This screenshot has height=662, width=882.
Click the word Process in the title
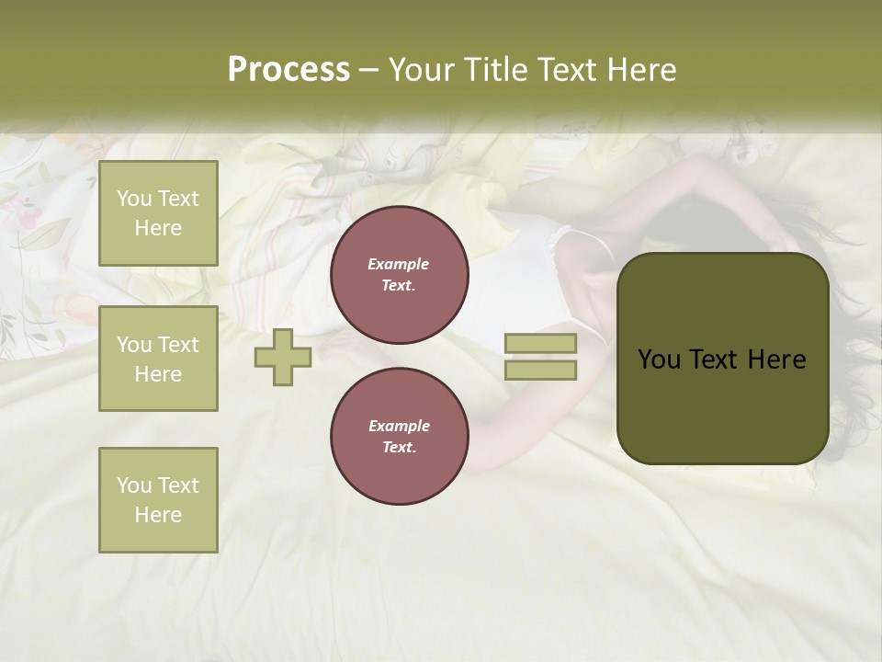coord(288,70)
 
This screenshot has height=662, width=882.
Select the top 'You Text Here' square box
coord(158,213)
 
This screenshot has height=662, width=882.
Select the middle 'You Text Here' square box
coord(158,359)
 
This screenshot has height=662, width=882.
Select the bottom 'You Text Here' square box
coord(158,500)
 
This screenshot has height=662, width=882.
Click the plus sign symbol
coord(283,357)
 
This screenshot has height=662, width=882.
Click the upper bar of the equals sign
coord(540,344)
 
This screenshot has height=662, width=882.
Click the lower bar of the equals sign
coord(540,370)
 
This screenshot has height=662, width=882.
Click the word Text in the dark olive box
coord(717,360)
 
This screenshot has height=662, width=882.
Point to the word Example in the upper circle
coord(399,264)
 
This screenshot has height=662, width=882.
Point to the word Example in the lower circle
coord(399,426)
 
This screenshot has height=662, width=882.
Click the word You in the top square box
coord(134,199)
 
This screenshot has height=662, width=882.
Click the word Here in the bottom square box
coord(158,515)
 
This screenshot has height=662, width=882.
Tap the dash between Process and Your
coord(368,70)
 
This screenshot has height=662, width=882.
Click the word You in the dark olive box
coord(659,360)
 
